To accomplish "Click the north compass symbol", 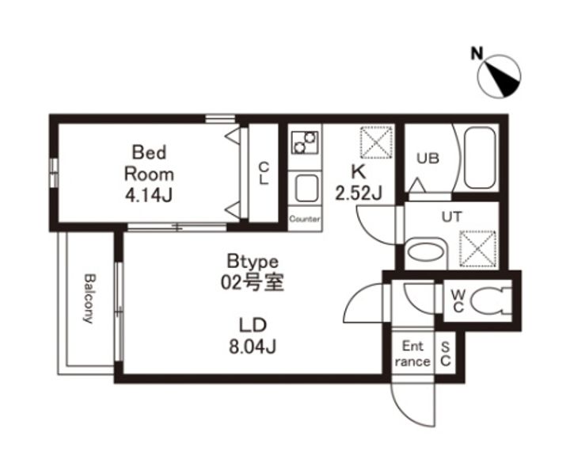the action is click(x=499, y=76).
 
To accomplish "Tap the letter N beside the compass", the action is click(x=477, y=54).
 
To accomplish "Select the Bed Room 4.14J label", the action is click(x=149, y=174).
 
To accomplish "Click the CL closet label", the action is click(x=264, y=174).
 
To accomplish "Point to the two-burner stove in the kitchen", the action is click(x=305, y=142).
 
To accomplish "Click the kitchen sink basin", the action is click(x=306, y=188).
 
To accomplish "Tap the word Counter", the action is click(x=305, y=219).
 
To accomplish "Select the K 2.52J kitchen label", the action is click(x=359, y=182).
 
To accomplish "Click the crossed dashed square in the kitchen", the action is click(x=377, y=142).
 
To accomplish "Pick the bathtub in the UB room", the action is click(x=480, y=158).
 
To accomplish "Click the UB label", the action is click(x=427, y=159).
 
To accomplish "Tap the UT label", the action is click(x=452, y=217).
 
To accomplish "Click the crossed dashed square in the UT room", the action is click(x=477, y=249).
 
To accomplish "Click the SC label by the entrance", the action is click(x=446, y=354).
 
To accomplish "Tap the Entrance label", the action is click(x=412, y=354).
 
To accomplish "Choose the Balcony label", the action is click(x=89, y=299).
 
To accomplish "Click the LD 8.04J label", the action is click(x=253, y=335).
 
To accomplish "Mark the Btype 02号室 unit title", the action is click(x=253, y=272).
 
